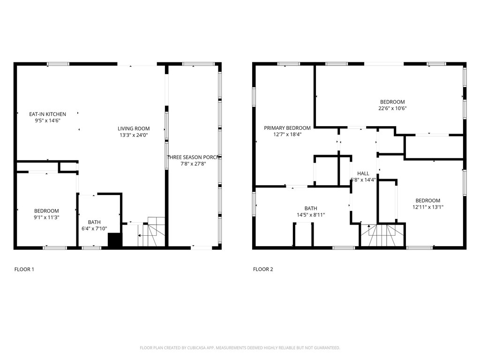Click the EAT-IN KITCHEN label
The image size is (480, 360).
(47, 114)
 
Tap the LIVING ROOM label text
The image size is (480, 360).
(134, 128)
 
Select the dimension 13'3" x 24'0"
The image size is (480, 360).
(134, 135)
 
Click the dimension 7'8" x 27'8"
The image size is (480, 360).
(194, 164)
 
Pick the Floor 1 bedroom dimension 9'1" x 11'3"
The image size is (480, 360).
(46, 217)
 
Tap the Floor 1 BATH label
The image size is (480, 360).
(94, 222)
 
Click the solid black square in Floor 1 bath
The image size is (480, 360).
(115, 240)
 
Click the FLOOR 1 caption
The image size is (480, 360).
(24, 270)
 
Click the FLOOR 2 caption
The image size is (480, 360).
(263, 270)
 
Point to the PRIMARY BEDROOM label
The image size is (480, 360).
(287, 128)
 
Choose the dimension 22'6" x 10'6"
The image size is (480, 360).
(392, 108)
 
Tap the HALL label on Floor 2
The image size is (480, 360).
(363, 173)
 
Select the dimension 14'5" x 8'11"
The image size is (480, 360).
(310, 215)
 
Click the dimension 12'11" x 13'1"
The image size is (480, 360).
(427, 207)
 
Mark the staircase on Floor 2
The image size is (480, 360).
(382, 235)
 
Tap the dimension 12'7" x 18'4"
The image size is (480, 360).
(287, 134)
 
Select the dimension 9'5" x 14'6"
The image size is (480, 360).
(47, 120)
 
